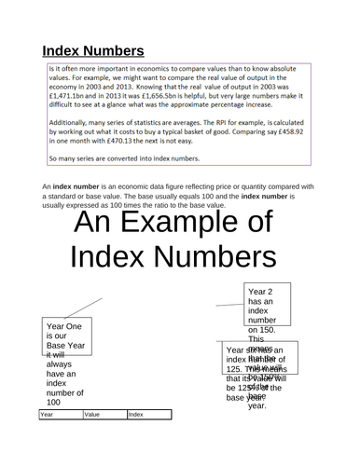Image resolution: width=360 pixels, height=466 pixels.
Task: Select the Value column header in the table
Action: tap(92, 439)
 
